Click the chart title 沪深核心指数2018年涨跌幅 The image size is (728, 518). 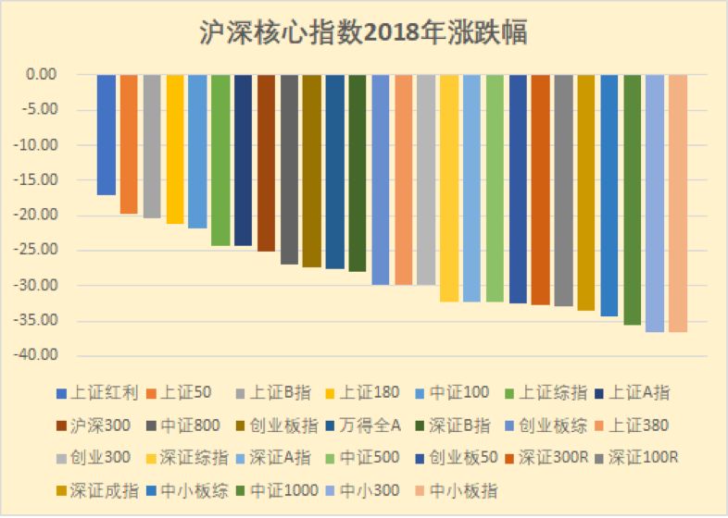(363, 33)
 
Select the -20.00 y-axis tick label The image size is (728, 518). (38, 216)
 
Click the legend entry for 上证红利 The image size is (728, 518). (96, 393)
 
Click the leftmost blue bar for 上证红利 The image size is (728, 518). (107, 135)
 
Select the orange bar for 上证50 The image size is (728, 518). (129, 144)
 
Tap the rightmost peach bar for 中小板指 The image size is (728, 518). (677, 203)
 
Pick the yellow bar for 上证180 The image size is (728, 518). (175, 149)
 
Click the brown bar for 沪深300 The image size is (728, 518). (266, 163)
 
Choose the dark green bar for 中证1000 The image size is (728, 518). (632, 199)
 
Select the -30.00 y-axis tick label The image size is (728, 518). (38, 286)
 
